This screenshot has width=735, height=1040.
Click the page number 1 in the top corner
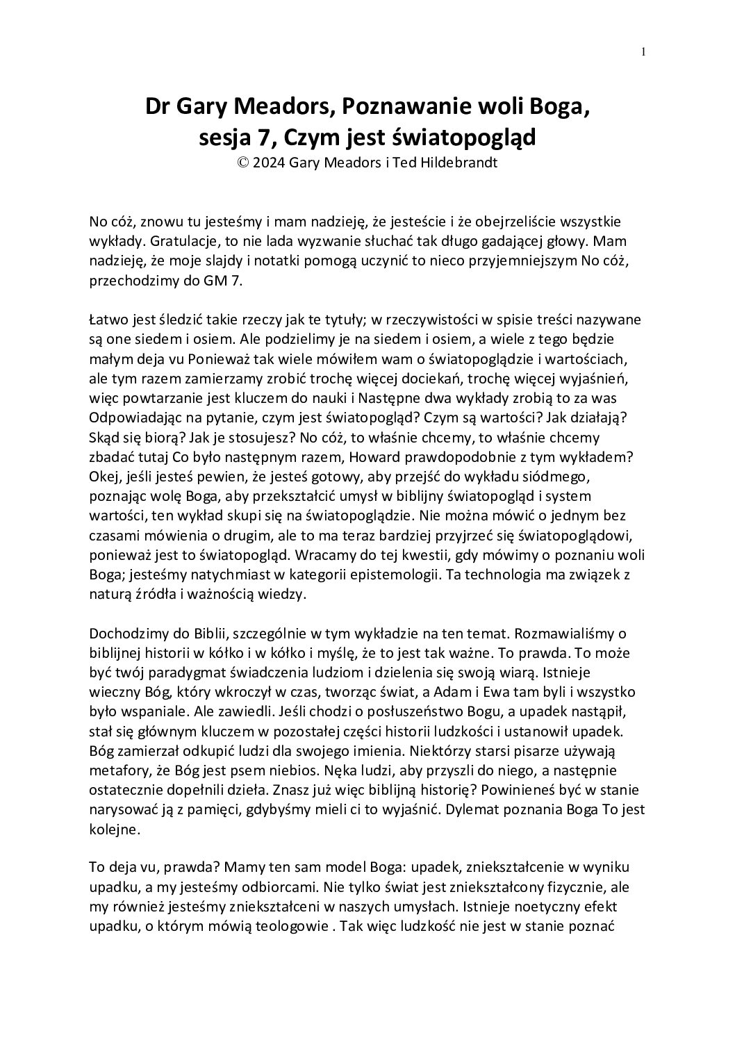644,51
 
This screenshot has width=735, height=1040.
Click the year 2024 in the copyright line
274,163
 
